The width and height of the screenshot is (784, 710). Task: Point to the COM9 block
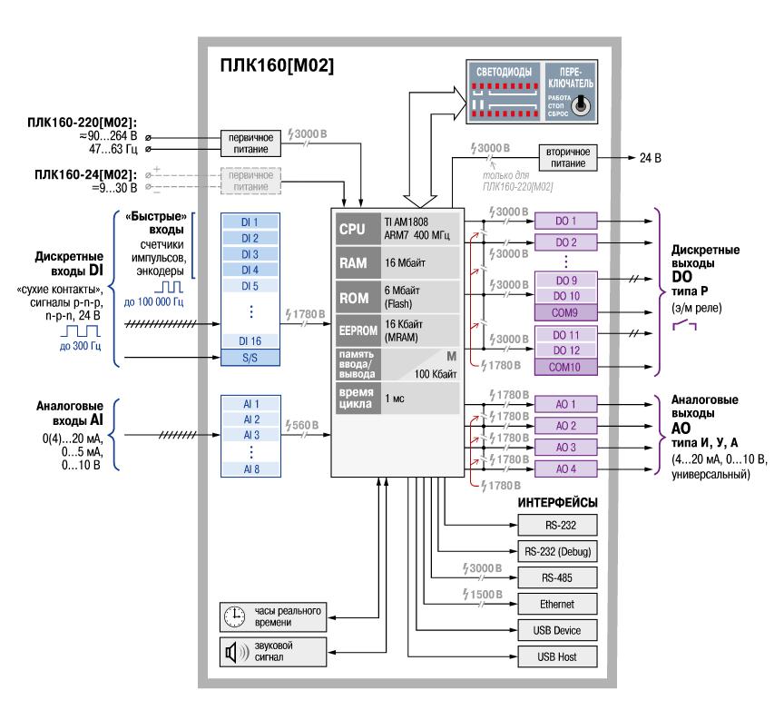567,312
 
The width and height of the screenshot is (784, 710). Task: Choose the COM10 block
567,366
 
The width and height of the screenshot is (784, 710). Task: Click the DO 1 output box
567,221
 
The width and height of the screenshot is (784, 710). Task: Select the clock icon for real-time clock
234,615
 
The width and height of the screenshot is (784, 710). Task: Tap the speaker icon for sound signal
233,650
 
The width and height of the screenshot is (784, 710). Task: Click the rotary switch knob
582,106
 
